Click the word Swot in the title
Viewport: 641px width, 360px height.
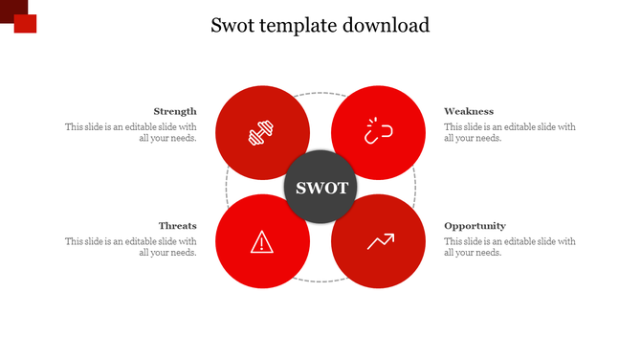coord(233,25)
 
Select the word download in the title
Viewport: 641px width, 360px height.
coord(385,25)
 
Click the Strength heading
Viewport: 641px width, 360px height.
coord(175,111)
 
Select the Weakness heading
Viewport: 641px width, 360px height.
coord(469,111)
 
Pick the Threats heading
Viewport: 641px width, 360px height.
coord(178,226)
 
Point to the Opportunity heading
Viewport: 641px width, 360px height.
coord(475,226)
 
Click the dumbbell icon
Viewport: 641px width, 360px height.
coord(261,134)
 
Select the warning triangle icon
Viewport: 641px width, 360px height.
coord(261,242)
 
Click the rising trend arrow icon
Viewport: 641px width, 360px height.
coord(380,241)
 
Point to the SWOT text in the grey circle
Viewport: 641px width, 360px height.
coord(320,188)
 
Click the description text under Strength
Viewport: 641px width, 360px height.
coord(131,132)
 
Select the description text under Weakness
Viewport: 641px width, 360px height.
coord(510,132)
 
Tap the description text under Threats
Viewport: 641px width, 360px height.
coord(131,247)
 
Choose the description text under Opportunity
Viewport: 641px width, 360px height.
coord(510,247)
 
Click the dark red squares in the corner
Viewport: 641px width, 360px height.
coord(18,15)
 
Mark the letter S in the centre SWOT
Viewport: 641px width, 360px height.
coord(300,188)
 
